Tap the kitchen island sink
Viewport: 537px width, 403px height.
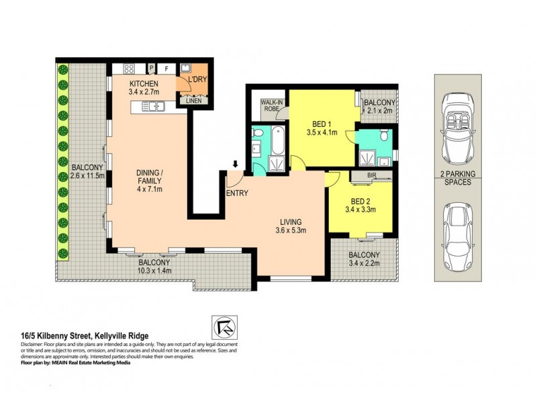(156, 105)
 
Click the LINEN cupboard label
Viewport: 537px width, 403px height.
(192, 102)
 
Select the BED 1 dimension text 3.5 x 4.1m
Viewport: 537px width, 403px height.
(324, 132)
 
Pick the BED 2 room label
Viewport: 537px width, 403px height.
(363, 200)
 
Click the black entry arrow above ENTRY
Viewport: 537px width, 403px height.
(235, 163)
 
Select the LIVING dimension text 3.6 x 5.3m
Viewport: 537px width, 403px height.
(291, 232)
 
